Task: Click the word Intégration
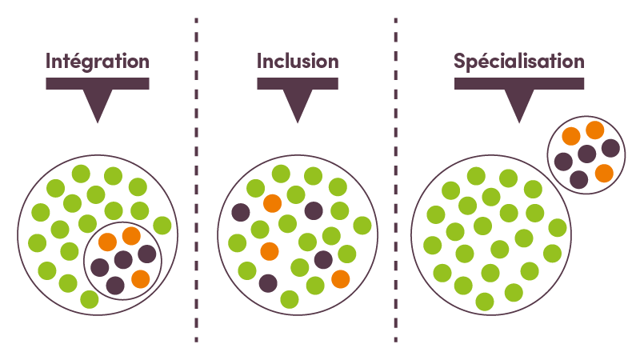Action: tap(98, 62)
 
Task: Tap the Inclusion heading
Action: tap(298, 62)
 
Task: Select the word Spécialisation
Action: tap(519, 62)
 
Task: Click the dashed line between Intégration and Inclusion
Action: tap(196, 180)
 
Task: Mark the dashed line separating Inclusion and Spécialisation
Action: tap(396, 180)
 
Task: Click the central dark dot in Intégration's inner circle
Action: tap(123, 259)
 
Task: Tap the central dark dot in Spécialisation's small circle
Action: tap(587, 154)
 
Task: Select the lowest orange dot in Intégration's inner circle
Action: tap(140, 279)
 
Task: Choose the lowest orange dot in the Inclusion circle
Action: tap(340, 278)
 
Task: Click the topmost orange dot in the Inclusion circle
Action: tap(272, 203)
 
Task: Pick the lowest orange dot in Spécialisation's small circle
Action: tap(604, 173)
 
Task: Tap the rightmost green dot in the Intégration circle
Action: tap(162, 224)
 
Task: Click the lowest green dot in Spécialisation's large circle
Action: tap(485, 302)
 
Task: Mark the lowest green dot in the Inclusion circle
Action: tap(290, 299)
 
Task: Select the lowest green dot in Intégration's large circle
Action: tap(90, 299)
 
